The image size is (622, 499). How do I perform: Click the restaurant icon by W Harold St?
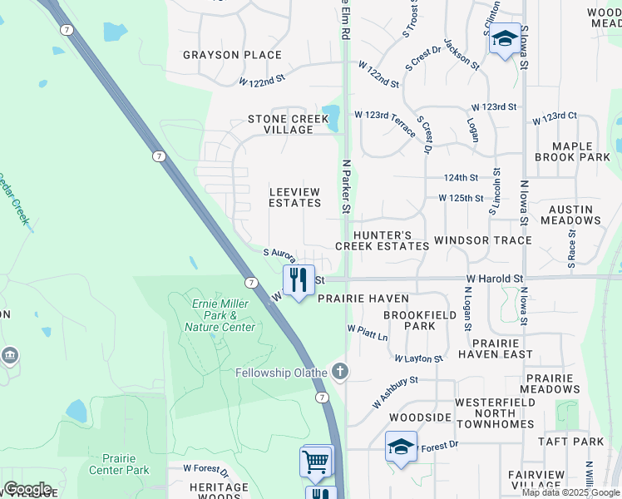point(298,280)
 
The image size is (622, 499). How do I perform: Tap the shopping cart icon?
point(317,462)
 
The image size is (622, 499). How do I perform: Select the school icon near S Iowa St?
point(505,38)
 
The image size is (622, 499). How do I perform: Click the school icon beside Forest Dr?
point(401,447)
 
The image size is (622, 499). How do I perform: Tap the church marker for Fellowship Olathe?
point(339,371)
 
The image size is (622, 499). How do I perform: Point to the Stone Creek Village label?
point(288,125)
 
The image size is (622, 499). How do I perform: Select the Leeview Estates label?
point(294,197)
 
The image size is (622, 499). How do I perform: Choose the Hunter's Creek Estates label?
point(382,241)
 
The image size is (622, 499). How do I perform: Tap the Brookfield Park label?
point(408,321)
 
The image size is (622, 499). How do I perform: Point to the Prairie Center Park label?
point(125,464)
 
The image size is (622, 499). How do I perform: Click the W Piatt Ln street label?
point(368,333)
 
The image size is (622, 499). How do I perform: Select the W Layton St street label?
point(418,358)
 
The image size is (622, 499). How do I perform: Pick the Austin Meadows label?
point(570,215)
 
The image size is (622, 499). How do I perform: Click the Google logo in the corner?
point(27,489)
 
